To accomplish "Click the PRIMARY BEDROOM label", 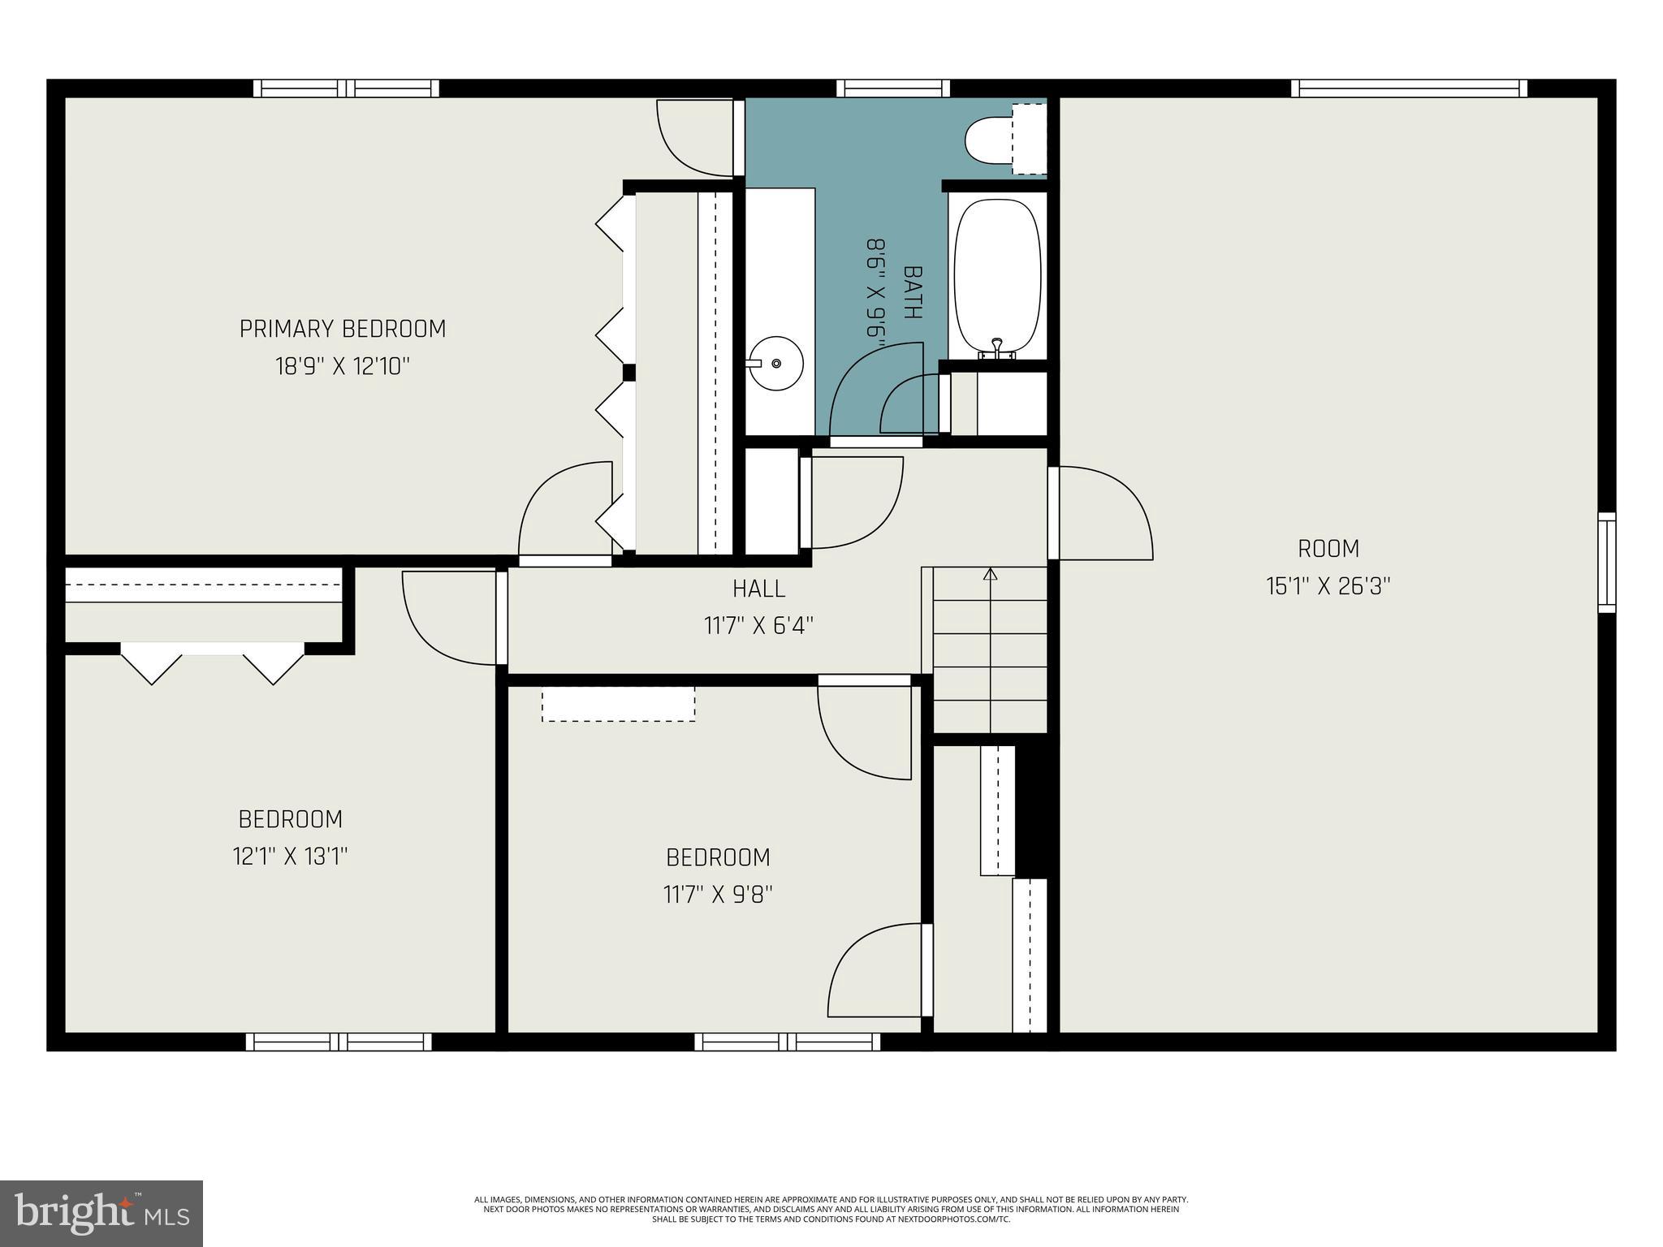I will coord(342,329).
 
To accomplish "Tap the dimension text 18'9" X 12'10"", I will coord(342,367).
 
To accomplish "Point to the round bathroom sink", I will coord(775,364).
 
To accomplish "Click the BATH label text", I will coord(912,292).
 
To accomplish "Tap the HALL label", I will coord(758,588).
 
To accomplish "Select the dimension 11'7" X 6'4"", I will coord(758,626).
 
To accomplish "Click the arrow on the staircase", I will coord(990,575).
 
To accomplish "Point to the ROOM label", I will coord(1328,549).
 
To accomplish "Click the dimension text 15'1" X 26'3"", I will coord(1328,586).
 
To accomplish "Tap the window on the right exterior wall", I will coord(1606,562).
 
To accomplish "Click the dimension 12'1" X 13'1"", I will coord(290,857).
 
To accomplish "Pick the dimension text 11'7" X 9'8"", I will coord(718,895).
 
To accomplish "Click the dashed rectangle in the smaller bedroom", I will coord(618,704).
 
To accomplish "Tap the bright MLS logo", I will coord(102,1214).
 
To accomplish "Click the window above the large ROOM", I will coord(1409,88).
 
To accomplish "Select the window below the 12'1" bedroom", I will coord(339,1042).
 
